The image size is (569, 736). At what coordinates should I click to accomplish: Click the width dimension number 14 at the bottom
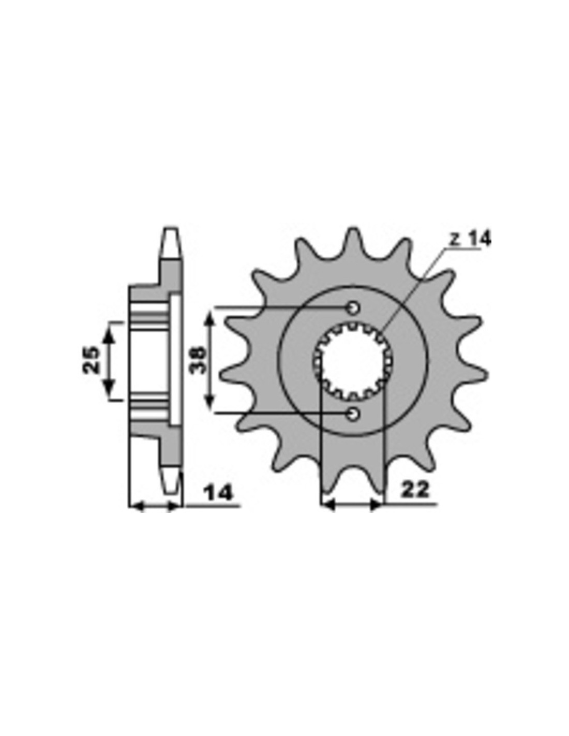[219, 493]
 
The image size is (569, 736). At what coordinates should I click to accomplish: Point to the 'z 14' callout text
[470, 240]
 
